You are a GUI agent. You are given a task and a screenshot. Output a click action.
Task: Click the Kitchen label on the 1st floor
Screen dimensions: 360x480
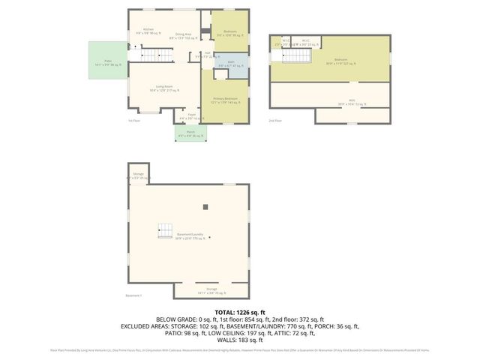pos(148,31)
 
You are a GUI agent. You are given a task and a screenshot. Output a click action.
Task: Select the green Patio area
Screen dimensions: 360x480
pos(107,60)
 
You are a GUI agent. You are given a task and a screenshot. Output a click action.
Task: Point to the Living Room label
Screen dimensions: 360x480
pos(165,89)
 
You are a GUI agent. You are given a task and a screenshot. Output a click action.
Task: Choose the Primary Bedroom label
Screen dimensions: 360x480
pos(225,100)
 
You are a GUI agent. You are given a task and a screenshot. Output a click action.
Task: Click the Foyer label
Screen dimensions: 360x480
pos(191,116)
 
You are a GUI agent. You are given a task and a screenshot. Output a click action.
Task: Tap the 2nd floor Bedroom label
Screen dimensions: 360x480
pos(340,61)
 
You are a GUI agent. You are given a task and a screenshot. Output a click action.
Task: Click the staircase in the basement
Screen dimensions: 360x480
pos(165,232)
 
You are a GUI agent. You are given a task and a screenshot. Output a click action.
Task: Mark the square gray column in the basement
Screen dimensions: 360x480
pos(205,206)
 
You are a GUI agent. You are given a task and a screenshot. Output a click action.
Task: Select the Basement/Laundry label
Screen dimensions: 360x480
pos(190,236)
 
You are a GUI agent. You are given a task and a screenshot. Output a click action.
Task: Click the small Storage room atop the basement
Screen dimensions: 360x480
pos(138,175)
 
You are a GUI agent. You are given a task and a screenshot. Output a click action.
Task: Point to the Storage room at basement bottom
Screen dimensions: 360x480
pos(211,291)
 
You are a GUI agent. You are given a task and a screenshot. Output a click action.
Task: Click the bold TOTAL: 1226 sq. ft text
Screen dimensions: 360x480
pos(240,311)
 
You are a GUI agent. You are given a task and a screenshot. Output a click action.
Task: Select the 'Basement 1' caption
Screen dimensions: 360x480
pos(133,296)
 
